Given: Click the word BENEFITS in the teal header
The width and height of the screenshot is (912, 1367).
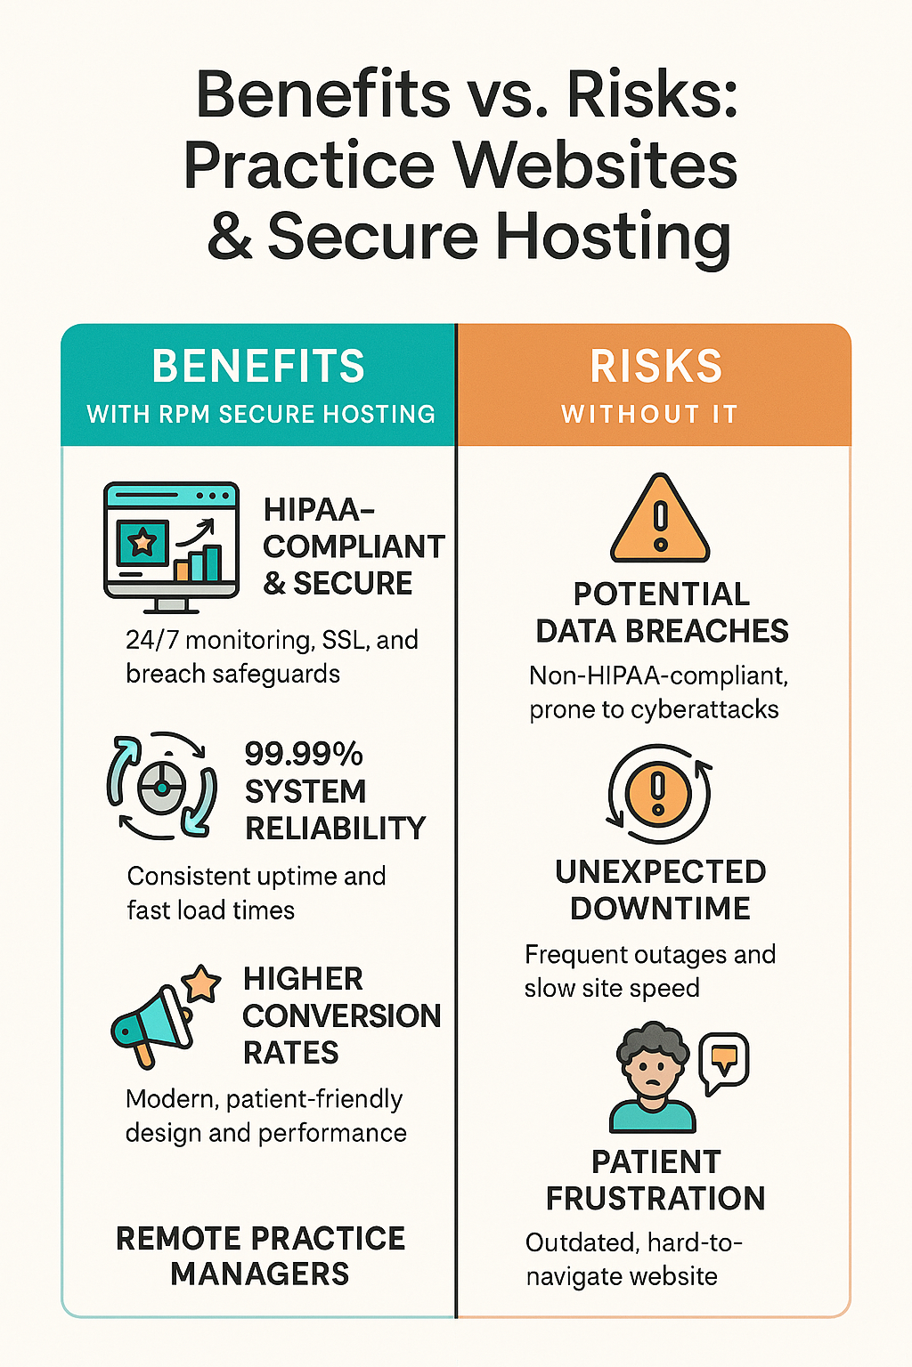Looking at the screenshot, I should (258, 366).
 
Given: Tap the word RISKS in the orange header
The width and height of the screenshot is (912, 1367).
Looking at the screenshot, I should (656, 366).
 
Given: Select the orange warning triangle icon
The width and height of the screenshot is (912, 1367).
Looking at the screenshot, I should (660, 520).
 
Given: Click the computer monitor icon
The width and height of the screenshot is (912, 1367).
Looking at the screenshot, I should (171, 545).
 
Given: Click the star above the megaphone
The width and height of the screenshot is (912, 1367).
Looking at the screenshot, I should (201, 984).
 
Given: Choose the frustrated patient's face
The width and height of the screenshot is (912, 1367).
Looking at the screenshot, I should (653, 1071).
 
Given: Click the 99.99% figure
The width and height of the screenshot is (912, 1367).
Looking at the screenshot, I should (304, 754).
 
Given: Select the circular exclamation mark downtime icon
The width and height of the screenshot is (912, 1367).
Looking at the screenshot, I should (659, 793).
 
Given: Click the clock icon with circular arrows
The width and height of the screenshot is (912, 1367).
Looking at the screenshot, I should (161, 787).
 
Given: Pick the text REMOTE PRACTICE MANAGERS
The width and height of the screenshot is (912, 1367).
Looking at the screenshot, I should (260, 1255).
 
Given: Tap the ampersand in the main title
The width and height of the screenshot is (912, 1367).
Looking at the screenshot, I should (230, 236).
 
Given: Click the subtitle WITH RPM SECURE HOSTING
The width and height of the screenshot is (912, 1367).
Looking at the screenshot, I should (260, 414).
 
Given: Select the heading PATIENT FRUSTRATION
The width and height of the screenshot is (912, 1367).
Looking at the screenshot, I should (655, 1180).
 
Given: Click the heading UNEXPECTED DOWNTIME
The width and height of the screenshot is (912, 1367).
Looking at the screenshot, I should (660, 890).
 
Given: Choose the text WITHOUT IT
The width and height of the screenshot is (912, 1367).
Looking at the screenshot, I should (649, 414).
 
